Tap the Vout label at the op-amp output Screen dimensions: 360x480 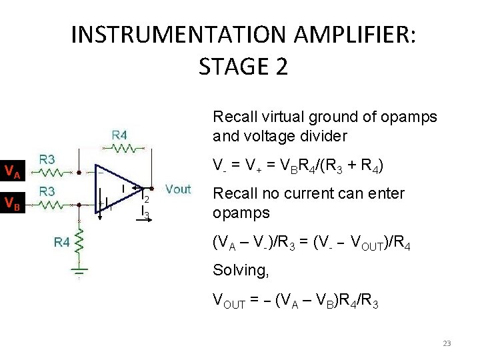pos(178,189)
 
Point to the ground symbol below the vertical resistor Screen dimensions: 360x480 pos(79,272)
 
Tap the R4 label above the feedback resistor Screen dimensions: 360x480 pos(119,135)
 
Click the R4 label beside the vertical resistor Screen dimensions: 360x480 pos(62,243)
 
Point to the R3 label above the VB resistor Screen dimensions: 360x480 pos(47,191)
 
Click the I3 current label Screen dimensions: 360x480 pos(146,213)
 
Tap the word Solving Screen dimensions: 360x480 pos(237,271)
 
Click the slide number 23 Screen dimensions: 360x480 pos(447,343)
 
